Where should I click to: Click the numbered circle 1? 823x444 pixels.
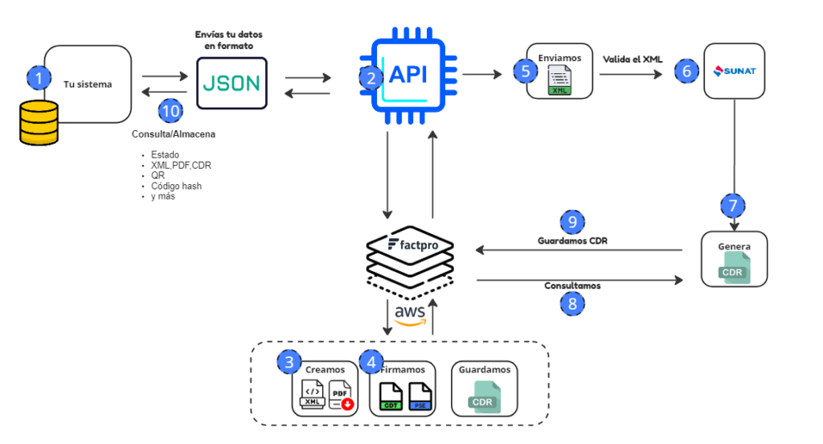39,78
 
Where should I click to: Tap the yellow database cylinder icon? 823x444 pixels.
39,122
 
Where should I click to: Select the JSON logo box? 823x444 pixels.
232,82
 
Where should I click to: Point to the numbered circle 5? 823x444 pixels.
526,71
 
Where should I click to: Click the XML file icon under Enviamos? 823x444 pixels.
559,81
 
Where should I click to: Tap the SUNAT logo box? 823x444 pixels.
733,71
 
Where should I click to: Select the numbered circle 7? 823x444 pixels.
733,204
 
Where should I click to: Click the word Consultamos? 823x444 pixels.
572,286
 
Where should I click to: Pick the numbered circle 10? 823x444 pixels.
170,111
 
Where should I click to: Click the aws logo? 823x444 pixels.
410,314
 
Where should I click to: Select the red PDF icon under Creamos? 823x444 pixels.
340,397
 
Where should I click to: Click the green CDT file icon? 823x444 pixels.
391,396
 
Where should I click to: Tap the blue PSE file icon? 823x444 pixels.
420,396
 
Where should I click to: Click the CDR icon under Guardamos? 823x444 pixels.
483,396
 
